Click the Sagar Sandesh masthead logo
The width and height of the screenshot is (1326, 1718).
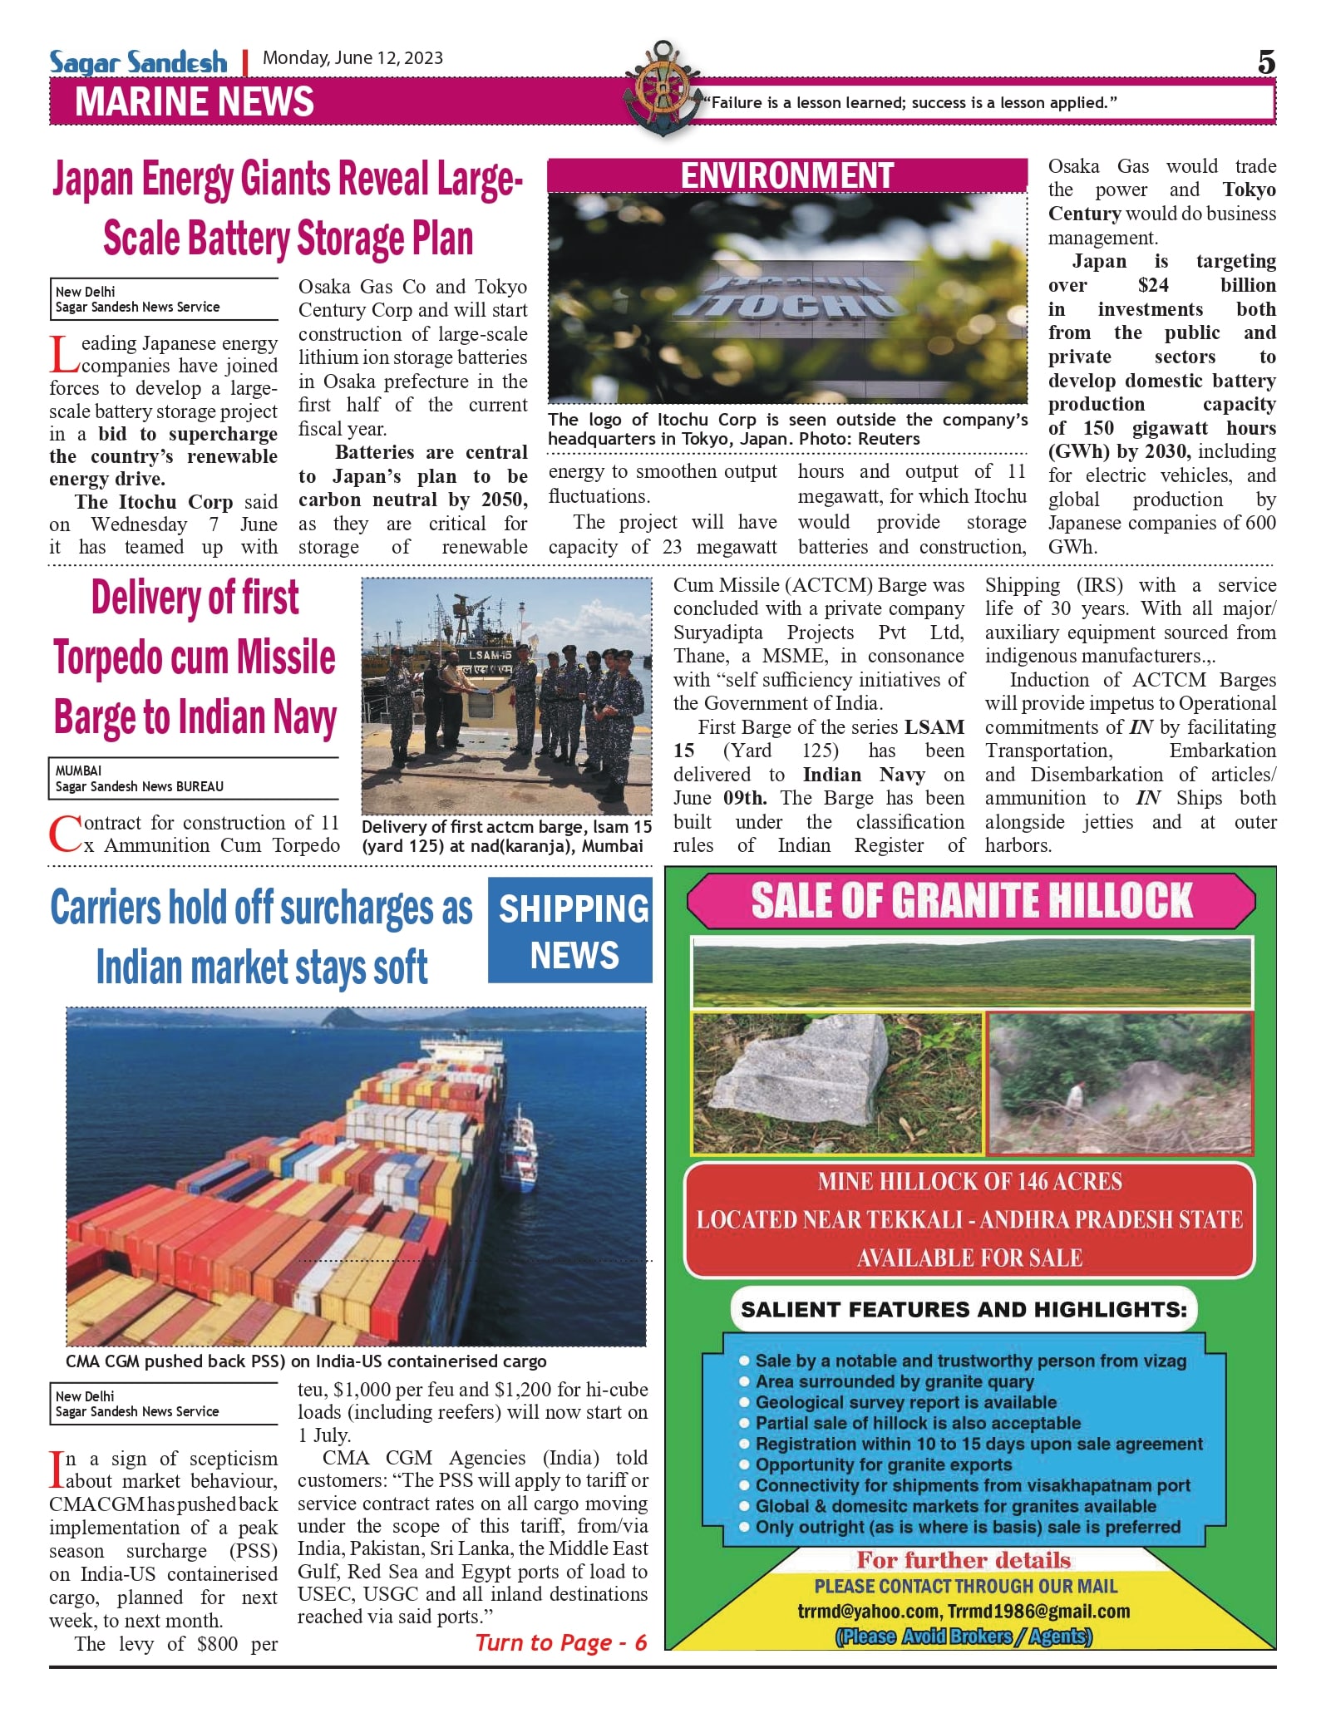[137, 62]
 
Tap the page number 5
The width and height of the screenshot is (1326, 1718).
[1265, 62]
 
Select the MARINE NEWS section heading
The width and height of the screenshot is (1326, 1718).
[195, 102]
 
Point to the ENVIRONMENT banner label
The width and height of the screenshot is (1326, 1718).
[786, 175]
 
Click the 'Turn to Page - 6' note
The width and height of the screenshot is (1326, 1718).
[561, 1642]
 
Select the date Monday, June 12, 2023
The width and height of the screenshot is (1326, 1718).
[352, 58]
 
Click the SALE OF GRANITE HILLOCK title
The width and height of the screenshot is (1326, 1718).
[971, 901]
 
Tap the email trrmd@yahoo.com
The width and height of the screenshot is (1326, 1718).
[868, 1612]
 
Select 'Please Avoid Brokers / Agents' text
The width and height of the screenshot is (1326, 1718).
[964, 1637]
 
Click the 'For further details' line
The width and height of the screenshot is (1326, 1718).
[964, 1559]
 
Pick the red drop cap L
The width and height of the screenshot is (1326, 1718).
[63, 353]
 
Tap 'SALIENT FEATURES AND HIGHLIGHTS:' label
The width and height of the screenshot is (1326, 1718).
[964, 1310]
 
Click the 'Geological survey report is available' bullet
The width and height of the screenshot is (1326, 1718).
[905, 1402]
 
